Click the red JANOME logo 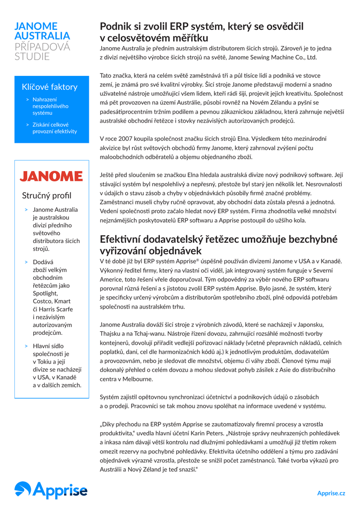click(x=51, y=176)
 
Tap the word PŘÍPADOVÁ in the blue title click(x=42, y=46)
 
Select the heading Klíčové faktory click(x=50, y=87)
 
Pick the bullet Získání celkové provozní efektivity click(x=55, y=128)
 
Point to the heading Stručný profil click(x=46, y=195)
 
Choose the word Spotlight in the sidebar click(x=45, y=293)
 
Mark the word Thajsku click(x=113, y=334)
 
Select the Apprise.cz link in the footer click(x=331, y=493)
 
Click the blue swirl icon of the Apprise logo click(x=22, y=490)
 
